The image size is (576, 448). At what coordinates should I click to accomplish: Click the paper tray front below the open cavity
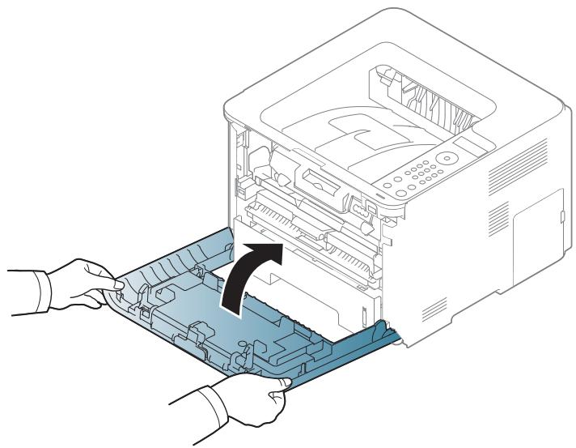point(324,292)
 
